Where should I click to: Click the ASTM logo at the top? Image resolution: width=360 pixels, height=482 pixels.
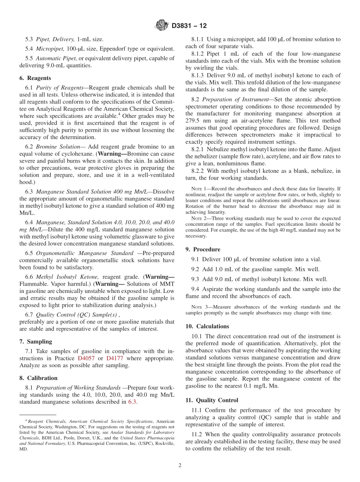[162, 26]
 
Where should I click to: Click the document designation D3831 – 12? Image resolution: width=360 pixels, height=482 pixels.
[189, 26]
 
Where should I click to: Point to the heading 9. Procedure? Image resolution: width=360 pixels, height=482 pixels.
[203, 249]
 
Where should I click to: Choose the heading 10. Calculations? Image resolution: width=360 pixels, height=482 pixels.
[207, 326]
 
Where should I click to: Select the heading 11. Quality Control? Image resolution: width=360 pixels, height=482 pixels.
[212, 400]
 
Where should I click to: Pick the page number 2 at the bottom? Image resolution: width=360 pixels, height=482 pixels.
[180, 465]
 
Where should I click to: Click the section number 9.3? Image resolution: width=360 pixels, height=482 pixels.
[196, 279]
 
